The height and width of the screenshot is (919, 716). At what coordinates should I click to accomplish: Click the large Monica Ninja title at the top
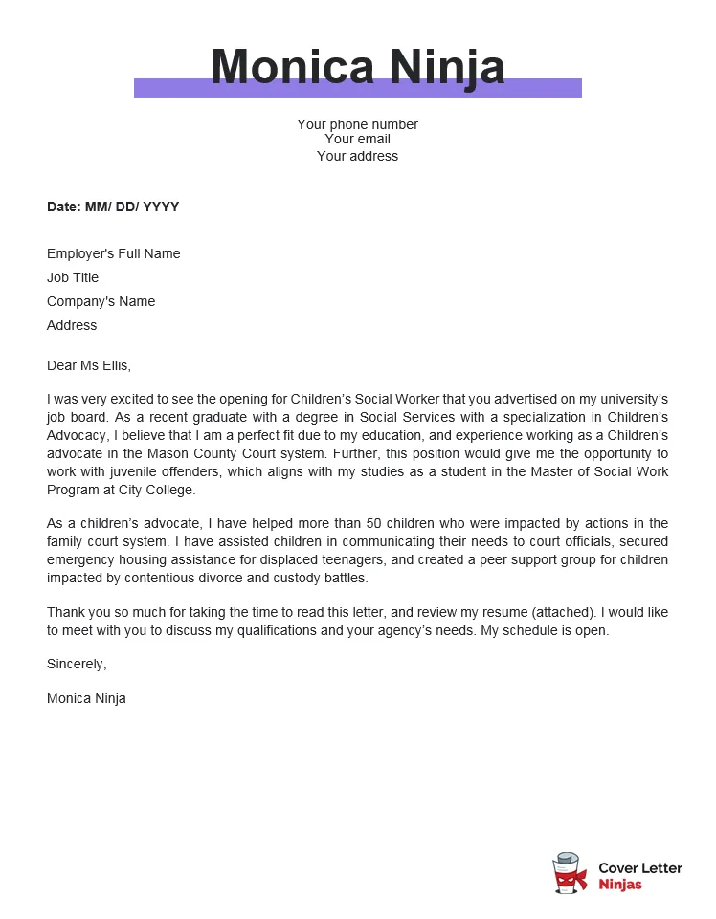click(357, 66)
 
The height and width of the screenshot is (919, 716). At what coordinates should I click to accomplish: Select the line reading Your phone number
click(357, 124)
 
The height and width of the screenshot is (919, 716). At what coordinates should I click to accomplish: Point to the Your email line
click(357, 140)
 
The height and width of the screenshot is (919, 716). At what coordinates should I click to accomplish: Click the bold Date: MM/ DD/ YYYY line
click(113, 207)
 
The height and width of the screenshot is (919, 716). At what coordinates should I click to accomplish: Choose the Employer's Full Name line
click(113, 253)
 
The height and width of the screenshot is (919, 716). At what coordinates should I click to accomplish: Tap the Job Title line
click(73, 277)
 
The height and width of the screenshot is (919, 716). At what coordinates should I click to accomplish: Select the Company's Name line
click(101, 301)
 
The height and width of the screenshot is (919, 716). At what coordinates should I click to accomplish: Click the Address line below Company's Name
click(72, 325)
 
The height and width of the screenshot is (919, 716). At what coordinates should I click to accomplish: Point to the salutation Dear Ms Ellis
click(89, 365)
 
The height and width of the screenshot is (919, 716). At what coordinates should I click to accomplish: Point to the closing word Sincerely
click(77, 664)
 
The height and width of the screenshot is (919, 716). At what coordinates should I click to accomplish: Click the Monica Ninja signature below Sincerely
click(86, 698)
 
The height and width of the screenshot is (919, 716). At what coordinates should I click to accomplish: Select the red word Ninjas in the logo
click(620, 885)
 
